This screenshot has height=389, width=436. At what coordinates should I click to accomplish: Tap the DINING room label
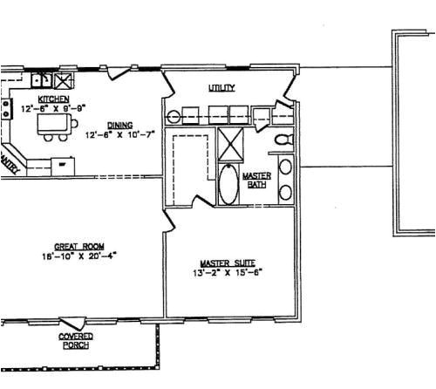coord(119,125)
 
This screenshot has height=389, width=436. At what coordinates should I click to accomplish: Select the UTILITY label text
coord(221,88)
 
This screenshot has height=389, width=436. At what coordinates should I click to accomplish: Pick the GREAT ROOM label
coord(73,246)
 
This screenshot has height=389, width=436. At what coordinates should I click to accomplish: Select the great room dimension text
coord(78,256)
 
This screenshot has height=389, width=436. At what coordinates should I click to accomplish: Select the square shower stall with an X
coord(230,141)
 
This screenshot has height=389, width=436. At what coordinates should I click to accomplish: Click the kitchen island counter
coord(55,127)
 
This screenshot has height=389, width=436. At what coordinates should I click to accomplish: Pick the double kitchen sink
coord(40,81)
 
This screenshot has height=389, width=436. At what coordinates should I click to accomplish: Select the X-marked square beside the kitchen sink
coord(63,81)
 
